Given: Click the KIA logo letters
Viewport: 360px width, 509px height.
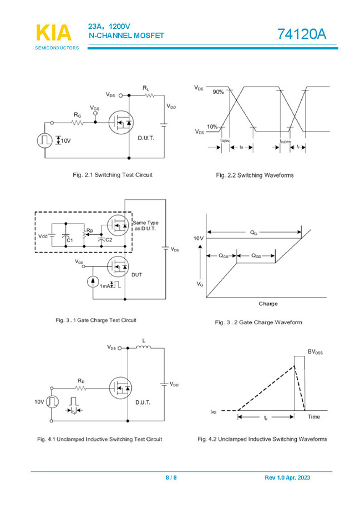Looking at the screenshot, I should [54, 33].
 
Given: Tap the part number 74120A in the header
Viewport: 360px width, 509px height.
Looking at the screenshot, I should [302, 34].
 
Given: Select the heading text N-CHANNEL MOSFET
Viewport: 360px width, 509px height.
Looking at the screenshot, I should [127, 36].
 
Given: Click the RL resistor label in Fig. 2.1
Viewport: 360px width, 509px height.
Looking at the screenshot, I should [146, 88].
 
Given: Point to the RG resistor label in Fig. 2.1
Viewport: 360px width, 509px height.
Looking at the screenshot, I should [77, 114].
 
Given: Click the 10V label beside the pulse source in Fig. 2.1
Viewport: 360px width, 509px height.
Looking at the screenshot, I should [65, 140].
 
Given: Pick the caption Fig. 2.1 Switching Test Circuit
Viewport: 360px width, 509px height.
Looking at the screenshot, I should [113, 175].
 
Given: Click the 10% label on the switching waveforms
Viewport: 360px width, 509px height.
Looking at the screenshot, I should [212, 127].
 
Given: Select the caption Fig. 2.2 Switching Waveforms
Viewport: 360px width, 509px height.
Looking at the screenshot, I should [255, 175].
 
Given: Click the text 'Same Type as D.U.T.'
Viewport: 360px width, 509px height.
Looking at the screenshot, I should [145, 226].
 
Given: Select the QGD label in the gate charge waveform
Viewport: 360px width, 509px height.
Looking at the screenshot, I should [256, 256].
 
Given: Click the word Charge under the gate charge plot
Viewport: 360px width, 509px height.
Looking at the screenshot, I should [268, 304].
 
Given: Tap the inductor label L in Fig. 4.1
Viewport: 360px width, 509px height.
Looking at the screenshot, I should [144, 340].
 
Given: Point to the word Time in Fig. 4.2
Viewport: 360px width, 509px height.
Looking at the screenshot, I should [314, 416].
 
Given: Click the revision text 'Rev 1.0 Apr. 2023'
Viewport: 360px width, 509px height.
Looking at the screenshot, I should [287, 478].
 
